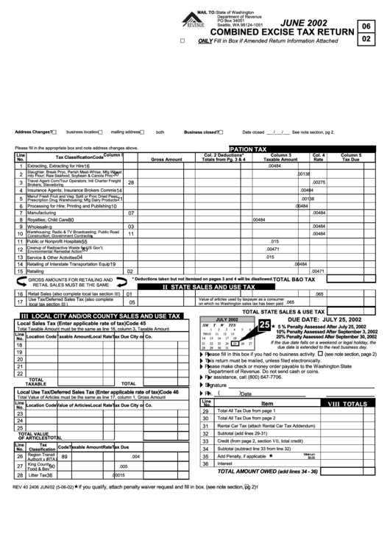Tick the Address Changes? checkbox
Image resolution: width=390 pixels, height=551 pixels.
54,132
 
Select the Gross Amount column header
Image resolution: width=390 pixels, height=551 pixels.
167,159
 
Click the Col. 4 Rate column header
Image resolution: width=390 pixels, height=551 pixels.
319,157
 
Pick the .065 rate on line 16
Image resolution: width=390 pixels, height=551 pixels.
319,294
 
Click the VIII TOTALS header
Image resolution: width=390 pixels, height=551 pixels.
347,404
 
